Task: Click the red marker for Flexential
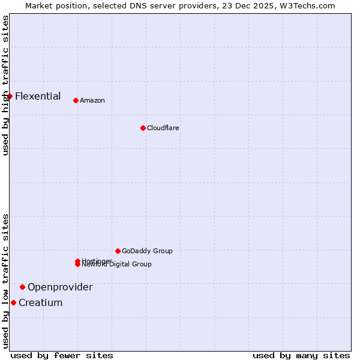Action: point(10,96)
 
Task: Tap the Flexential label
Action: point(38,96)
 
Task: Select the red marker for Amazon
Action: point(76,100)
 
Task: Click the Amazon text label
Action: point(92,100)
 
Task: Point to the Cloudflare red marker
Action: point(143,128)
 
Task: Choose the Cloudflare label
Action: point(163,128)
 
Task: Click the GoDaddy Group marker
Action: point(118,251)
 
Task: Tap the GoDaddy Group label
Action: point(147,251)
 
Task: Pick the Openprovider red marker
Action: point(22,287)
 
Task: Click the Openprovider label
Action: point(60,287)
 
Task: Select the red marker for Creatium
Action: point(13,302)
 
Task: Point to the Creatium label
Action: point(41,302)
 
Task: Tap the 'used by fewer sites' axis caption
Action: point(62,355)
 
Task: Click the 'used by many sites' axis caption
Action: point(301,355)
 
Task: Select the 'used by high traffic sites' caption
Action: point(5,85)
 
